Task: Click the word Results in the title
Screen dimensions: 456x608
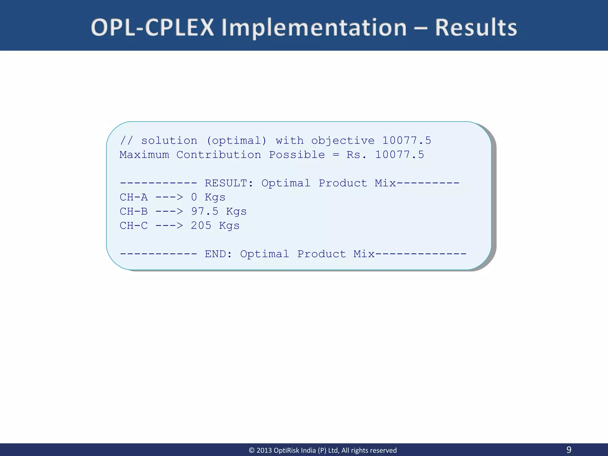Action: tap(476, 28)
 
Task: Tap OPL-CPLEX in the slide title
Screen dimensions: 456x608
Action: tap(152, 28)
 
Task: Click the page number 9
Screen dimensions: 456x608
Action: tap(569, 449)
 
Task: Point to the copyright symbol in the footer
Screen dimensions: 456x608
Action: tap(251, 450)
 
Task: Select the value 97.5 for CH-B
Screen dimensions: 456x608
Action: tap(205, 211)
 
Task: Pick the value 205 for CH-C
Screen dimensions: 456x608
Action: tap(201, 226)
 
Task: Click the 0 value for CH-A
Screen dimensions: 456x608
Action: tap(194, 197)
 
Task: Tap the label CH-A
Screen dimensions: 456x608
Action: tap(134, 197)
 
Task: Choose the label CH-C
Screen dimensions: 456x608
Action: tap(134, 226)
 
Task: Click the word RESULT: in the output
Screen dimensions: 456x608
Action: tap(229, 183)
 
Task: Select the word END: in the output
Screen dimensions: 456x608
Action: tap(218, 254)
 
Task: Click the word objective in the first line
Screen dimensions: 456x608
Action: tap(343, 141)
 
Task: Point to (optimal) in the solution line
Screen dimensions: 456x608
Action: tap(236, 141)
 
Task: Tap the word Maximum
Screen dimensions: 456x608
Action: tap(144, 155)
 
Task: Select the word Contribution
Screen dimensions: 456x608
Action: tap(219, 155)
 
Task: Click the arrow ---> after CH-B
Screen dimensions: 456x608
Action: tap(169, 211)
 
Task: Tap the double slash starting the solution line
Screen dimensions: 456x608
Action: tap(126, 140)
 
